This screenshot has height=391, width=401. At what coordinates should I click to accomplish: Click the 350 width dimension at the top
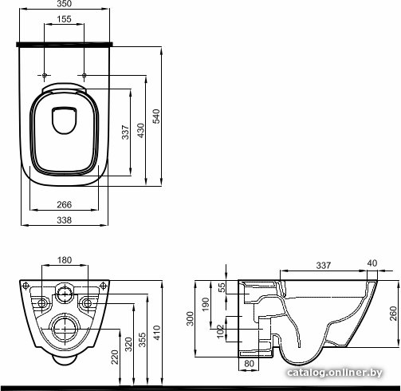pyautogui.click(x=65, y=4)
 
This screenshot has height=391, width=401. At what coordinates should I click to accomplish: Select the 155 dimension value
pyautogui.click(x=65, y=19)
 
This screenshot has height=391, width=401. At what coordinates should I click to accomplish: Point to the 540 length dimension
pyautogui.click(x=156, y=117)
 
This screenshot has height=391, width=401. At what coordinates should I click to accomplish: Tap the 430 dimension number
pyautogui.click(x=140, y=130)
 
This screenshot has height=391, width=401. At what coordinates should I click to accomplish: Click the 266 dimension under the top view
pyautogui.click(x=65, y=204)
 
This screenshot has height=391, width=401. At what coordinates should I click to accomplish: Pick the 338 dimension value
pyautogui.click(x=65, y=220)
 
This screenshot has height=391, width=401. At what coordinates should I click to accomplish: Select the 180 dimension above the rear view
pyautogui.click(x=65, y=260)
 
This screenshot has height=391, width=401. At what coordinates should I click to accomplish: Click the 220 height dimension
pyautogui.click(x=115, y=357)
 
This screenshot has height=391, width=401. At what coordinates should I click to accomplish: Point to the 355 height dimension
pyautogui.click(x=143, y=340)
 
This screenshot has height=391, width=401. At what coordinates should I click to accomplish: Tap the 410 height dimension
pyautogui.click(x=157, y=333)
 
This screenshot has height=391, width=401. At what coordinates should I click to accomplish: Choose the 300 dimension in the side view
pyautogui.click(x=190, y=318)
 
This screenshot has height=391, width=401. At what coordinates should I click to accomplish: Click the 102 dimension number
pyautogui.click(x=221, y=331)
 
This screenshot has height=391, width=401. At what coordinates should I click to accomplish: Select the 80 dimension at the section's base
pyautogui.click(x=249, y=363)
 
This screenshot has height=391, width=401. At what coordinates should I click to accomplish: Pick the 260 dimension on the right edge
pyautogui.click(x=393, y=314)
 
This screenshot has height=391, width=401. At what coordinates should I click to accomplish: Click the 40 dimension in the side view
pyautogui.click(x=372, y=263)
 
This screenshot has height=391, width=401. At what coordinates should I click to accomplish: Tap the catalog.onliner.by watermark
pyautogui.click(x=335, y=373)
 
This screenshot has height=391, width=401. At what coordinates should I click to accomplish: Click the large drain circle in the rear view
pyautogui.click(x=65, y=329)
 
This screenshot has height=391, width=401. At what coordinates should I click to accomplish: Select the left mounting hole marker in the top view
pyautogui.click(x=44, y=75)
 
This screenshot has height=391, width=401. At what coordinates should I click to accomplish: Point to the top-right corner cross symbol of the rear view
pyautogui.click(x=103, y=286)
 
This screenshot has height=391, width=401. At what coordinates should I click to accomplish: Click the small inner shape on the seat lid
pyautogui.click(x=65, y=120)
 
